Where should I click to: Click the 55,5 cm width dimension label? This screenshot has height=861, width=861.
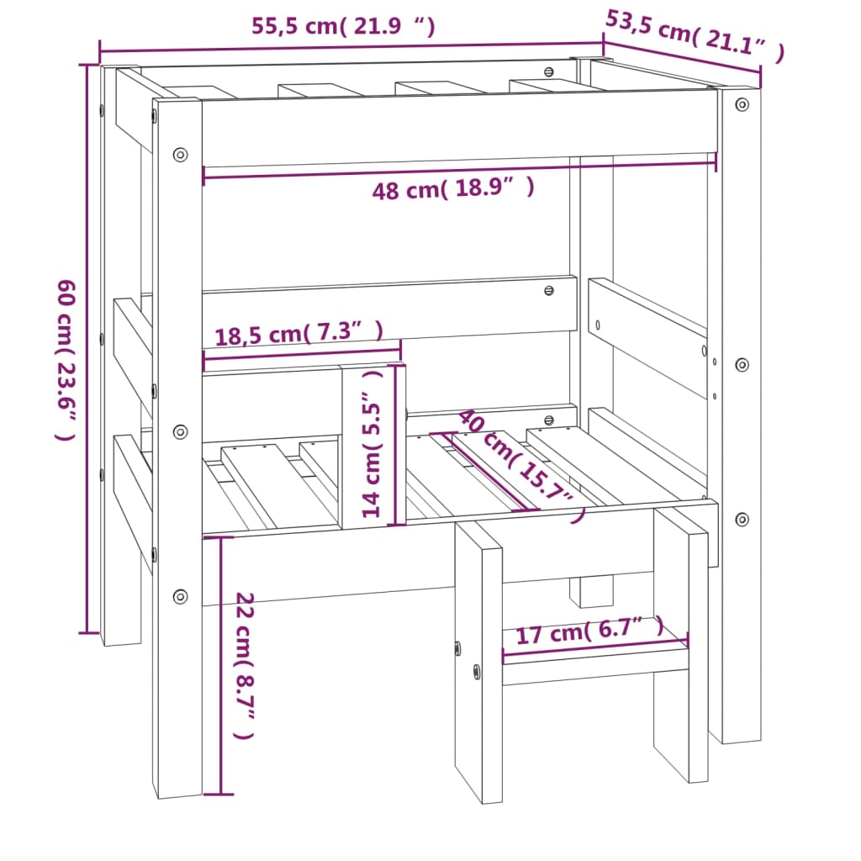(x=343, y=26)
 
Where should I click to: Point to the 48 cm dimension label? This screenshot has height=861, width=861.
(x=452, y=189)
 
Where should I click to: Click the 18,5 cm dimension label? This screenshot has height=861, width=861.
(x=299, y=334)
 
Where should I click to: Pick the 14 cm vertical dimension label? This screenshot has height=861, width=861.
(x=372, y=444)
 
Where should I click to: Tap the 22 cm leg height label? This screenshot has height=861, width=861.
(x=245, y=664)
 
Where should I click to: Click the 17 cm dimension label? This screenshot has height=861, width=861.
(x=589, y=630)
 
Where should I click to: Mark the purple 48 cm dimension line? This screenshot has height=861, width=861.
(x=459, y=165)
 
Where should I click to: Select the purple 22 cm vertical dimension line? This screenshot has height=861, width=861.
(x=220, y=664)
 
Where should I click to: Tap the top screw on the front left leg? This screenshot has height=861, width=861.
(x=180, y=155)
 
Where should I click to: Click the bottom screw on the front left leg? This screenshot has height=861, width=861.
(x=180, y=596)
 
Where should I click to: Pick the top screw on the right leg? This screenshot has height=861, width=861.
(x=742, y=104)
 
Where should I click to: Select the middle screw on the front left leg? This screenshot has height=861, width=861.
(x=180, y=431)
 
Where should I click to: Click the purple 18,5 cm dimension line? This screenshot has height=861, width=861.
(x=302, y=356)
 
